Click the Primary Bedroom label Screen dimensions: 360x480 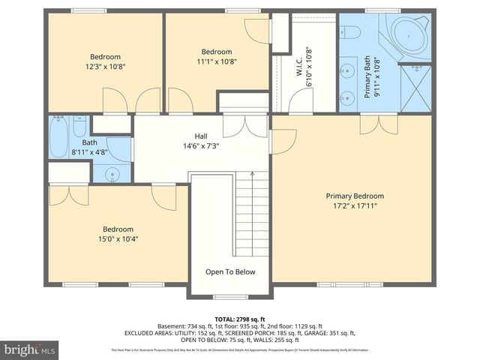[355, 196]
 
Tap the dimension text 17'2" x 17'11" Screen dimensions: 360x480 [355, 205]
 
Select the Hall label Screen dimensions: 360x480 [201, 136]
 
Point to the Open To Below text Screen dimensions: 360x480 [230, 272]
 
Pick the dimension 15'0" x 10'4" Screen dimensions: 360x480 [118, 239]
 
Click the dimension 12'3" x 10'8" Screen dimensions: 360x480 [105, 66]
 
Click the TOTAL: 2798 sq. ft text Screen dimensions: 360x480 [239, 319]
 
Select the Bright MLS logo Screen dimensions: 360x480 [30, 349]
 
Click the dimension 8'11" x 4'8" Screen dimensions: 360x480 [89, 151]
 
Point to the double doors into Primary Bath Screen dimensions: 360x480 [378, 124]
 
